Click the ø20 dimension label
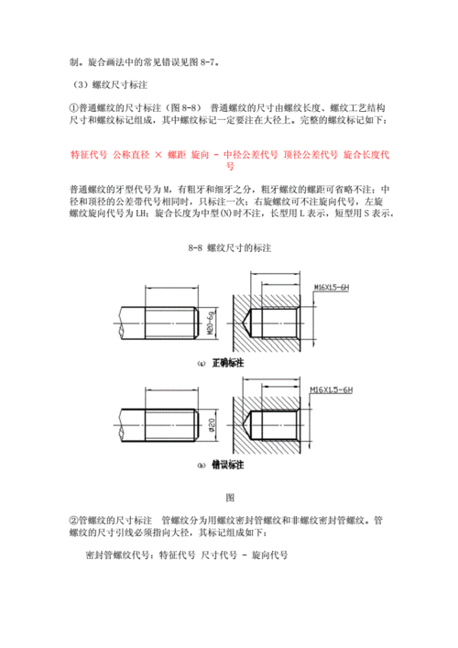pos(210,426)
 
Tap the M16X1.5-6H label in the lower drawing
pos(333,391)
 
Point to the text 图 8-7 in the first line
pos(200,62)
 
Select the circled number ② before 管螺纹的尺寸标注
pos(74,519)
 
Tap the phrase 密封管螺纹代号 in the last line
pos(117,555)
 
